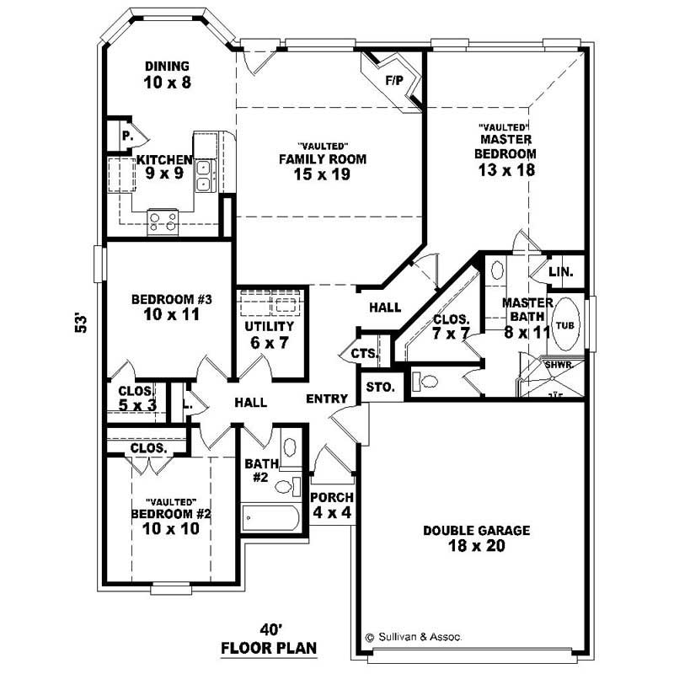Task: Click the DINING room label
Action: coord(166,67)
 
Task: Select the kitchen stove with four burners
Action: coord(163,221)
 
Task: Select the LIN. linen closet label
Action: coord(561,272)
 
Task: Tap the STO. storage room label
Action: coord(375,388)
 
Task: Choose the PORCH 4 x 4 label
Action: coord(332,504)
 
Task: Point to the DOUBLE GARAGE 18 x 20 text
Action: coord(476,538)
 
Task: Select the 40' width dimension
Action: coord(275,629)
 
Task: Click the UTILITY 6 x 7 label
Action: coord(269,334)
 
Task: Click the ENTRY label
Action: coord(326,399)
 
